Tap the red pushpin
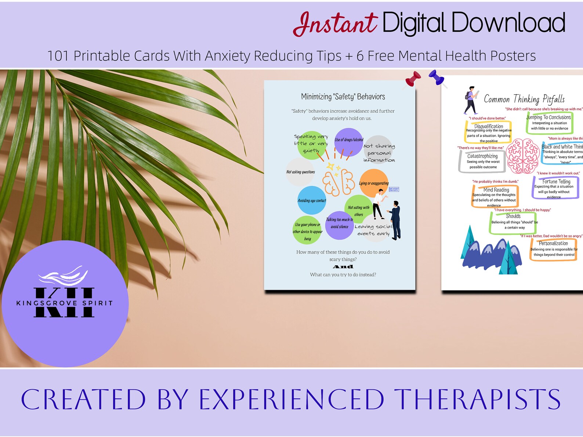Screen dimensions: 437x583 click(413, 78)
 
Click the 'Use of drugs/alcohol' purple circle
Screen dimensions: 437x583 click(349, 141)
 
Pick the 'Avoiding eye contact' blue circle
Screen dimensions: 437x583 click(312, 200)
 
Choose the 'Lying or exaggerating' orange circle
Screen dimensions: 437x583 click(373, 183)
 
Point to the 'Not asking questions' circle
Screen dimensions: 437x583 click(300, 172)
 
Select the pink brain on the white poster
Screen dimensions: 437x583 click(522, 156)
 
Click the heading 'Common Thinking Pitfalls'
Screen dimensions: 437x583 click(524, 99)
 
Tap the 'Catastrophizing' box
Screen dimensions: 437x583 click(482, 161)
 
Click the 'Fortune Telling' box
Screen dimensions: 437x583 click(555, 187)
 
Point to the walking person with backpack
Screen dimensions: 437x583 click(470, 100)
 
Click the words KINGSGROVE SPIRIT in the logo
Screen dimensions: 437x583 click(64, 303)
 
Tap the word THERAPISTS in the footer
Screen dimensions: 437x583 click(477, 400)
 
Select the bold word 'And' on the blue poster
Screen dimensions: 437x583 click(343, 267)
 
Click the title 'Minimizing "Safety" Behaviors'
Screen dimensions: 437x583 click(343, 97)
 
